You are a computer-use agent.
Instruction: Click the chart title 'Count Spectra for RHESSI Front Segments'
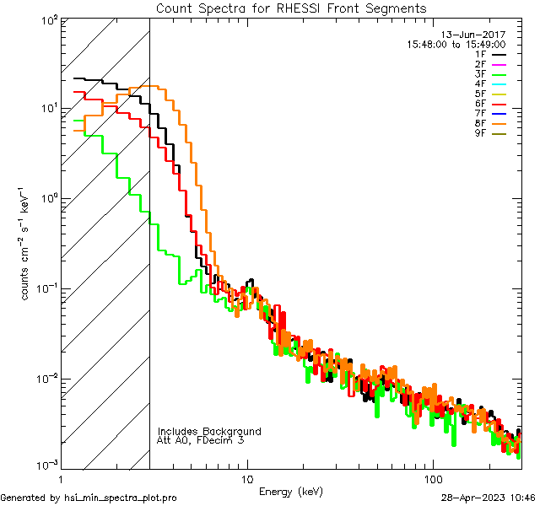pos(291,8)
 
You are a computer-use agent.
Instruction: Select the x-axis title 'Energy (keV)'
pos(291,491)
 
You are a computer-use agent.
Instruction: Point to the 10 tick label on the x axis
pos(246,478)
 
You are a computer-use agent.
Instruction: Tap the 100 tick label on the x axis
pos(432,478)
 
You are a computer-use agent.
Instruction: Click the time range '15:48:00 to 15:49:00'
pos(456,44)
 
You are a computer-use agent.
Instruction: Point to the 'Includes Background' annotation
pos(209,431)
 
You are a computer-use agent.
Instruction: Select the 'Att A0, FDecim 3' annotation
pos(201,440)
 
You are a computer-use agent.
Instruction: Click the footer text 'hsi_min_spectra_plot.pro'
pos(121,498)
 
